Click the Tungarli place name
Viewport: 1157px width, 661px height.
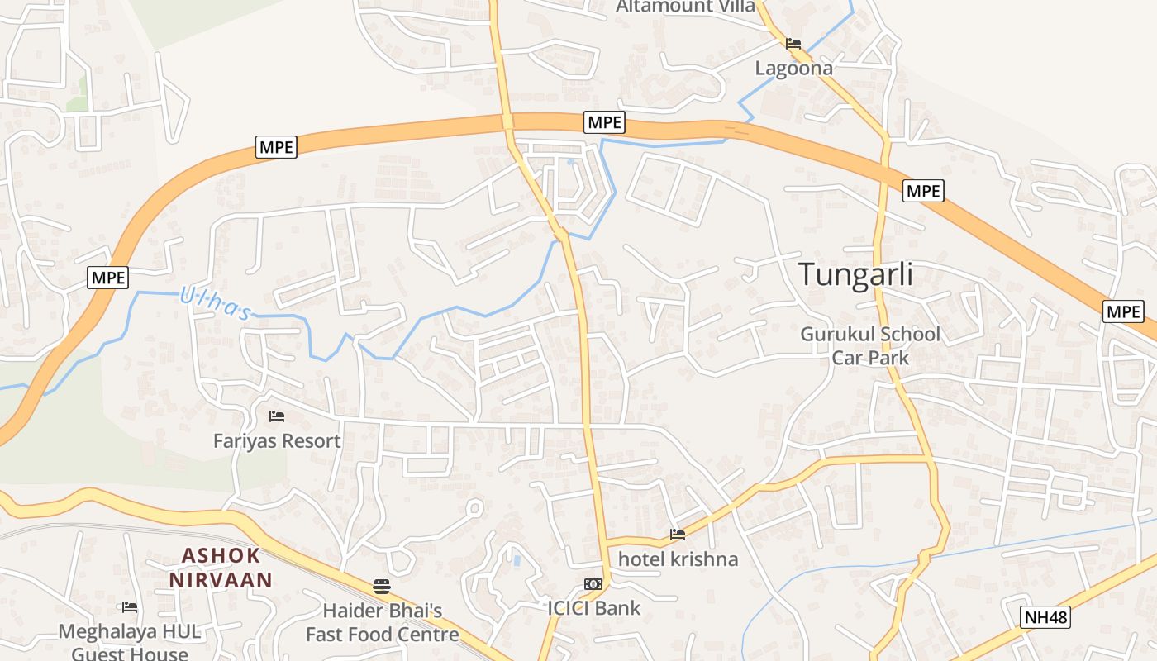[855, 274]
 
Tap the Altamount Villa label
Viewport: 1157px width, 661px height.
[686, 7]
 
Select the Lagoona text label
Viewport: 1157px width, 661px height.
[794, 69]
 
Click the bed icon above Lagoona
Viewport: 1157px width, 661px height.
[793, 43]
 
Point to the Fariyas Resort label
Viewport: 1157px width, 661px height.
[277, 441]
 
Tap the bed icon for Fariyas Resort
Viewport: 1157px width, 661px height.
[277, 416]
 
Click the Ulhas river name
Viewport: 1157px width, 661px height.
[215, 303]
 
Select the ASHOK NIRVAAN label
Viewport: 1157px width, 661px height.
[221, 568]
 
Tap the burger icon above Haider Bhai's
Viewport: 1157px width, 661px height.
[382, 587]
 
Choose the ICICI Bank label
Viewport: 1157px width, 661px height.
[593, 609]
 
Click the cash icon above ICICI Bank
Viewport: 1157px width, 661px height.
[593, 584]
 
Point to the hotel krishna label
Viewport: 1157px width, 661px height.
[678, 559]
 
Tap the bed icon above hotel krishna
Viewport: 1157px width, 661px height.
[678, 535]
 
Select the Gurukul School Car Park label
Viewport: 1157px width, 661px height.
[870, 346]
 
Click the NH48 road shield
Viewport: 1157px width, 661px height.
[1045, 617]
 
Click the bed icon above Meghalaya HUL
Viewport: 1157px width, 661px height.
[130, 607]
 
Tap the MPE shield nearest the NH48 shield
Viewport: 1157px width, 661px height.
[1123, 311]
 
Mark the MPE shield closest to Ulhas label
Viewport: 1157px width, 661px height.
[108, 278]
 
